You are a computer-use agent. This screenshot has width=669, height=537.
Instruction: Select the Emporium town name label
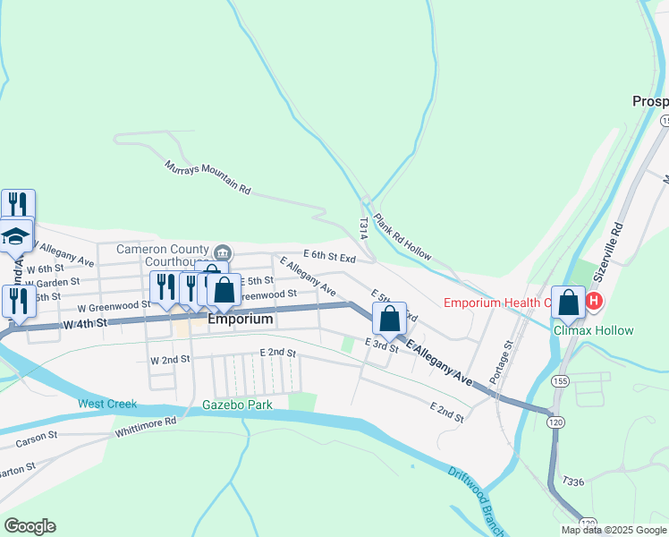coord(240,319)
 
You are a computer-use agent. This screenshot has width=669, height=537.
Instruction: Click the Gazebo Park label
coord(236,405)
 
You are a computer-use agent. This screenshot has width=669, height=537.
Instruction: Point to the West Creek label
coord(107,404)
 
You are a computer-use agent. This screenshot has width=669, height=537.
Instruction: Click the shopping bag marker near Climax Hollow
coord(569,303)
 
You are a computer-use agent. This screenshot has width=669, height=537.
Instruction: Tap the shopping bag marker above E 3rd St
coord(389,318)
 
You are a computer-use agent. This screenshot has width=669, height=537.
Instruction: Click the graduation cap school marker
coord(15,235)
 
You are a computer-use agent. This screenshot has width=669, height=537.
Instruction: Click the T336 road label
coord(574,482)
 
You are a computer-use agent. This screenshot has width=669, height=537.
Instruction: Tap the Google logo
coord(30,526)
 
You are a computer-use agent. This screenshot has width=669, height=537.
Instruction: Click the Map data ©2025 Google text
coord(614,530)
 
